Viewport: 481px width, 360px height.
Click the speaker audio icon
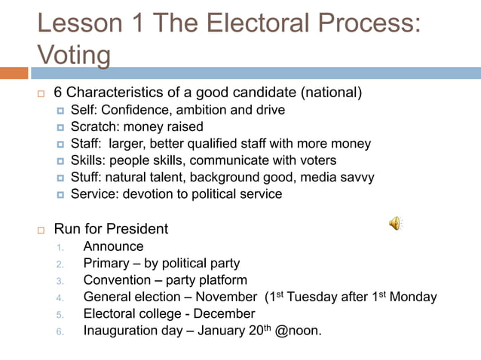(x=395, y=223)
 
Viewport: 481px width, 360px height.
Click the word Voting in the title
(x=73, y=55)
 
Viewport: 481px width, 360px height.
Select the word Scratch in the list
(x=94, y=127)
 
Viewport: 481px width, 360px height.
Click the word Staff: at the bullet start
(x=87, y=143)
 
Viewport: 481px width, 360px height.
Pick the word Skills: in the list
(x=87, y=160)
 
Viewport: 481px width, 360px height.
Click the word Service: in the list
(x=96, y=194)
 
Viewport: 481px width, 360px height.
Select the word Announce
(x=113, y=246)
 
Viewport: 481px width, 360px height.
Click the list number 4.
(x=60, y=297)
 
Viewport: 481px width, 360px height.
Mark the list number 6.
(x=60, y=331)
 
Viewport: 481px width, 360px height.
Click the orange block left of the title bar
(x=14, y=73)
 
